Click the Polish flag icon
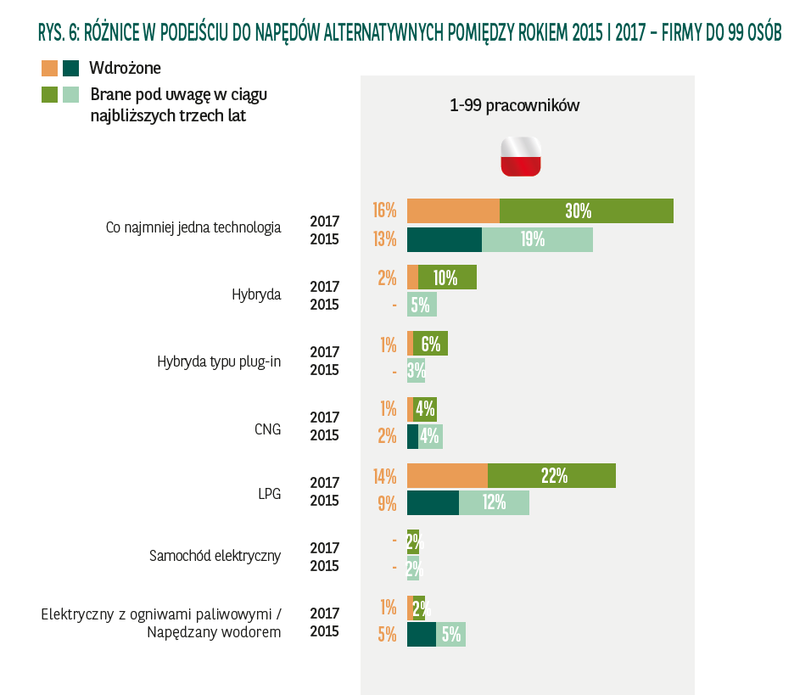coord(520,156)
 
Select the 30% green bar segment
coord(586,211)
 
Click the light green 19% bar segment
coord(537,239)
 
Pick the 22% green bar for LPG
coord(551,476)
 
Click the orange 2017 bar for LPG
coord(447,476)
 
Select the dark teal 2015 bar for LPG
coord(433,502)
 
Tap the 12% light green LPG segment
coord(494,502)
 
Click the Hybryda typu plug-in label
coord(219,362)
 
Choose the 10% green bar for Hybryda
coord(447,277)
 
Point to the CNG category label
coord(267,428)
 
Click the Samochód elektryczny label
coord(215,557)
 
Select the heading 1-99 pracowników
coord(514,106)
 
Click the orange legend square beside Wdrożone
coord(49,69)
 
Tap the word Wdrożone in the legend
coord(125,69)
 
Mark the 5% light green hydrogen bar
coord(450,634)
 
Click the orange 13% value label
coord(384,239)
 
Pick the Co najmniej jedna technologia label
coord(193,227)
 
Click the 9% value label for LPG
coord(388,503)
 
